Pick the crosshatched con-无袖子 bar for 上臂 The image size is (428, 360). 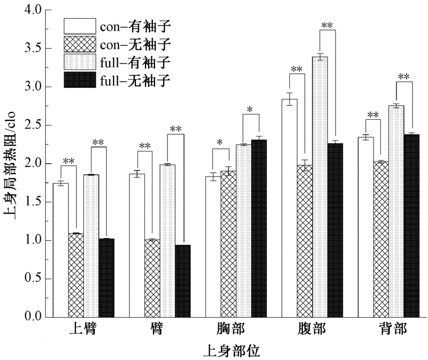pos(76,275)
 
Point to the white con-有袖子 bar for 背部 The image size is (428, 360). pos(366,227)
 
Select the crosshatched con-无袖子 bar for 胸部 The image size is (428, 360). pos(228,244)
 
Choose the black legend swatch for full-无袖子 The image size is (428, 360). pos(80,80)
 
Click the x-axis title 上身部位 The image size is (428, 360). pos(232,351)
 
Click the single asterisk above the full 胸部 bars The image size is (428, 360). pos(249,110)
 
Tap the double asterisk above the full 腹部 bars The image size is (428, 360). pos(327,25)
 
